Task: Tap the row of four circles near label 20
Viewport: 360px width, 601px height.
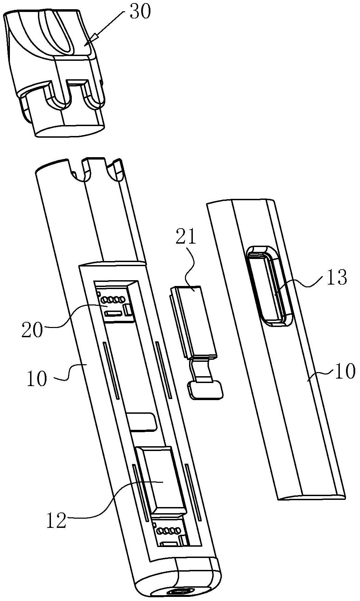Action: (111, 300)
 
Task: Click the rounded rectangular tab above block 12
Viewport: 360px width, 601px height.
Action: (142, 421)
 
